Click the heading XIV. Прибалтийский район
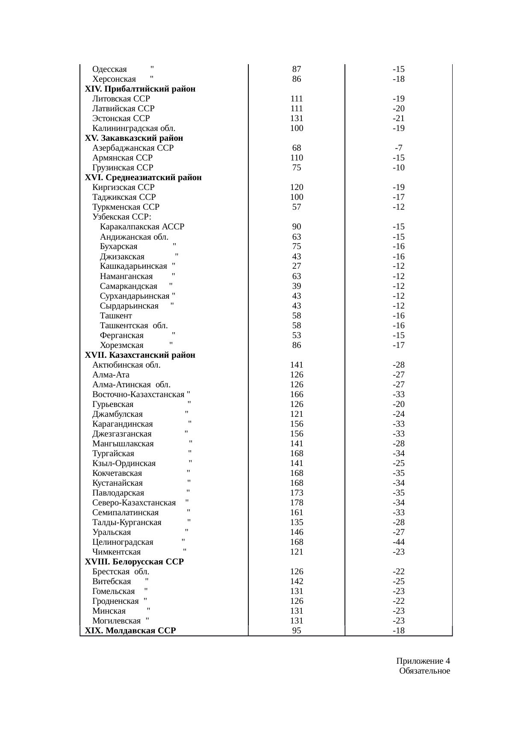[x=140, y=89]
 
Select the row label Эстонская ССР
[x=121, y=119]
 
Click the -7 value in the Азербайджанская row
[x=398, y=148]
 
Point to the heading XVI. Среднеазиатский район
[x=143, y=178]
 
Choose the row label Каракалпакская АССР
[x=142, y=227]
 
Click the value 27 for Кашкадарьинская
[x=297, y=266]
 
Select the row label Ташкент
[x=116, y=316]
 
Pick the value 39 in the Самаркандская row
[x=297, y=286]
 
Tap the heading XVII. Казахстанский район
[x=140, y=355]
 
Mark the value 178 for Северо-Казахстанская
[x=297, y=503]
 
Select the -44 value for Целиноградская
[x=398, y=542]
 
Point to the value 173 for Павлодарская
[x=297, y=493]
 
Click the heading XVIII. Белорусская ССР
[x=134, y=561]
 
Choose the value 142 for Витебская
[x=297, y=581]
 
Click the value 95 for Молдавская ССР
[x=297, y=630]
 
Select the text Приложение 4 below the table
[x=423, y=661]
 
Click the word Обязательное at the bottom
[x=424, y=671]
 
